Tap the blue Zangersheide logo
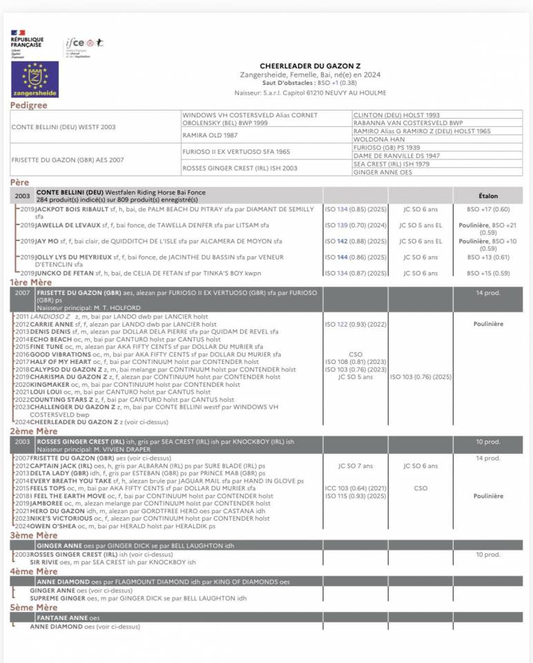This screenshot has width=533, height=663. pyautogui.click(x=35, y=79)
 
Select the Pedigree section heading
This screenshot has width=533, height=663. pyautogui.click(x=28, y=106)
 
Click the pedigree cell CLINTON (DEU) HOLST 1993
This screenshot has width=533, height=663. pyautogui.click(x=396, y=115)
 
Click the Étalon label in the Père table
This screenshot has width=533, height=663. pyautogui.click(x=487, y=196)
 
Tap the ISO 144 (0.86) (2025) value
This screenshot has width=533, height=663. pyautogui.click(x=355, y=257)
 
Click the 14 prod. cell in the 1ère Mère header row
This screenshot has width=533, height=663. pyautogui.click(x=487, y=294)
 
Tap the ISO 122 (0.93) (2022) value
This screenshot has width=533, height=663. pyautogui.click(x=355, y=323)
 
